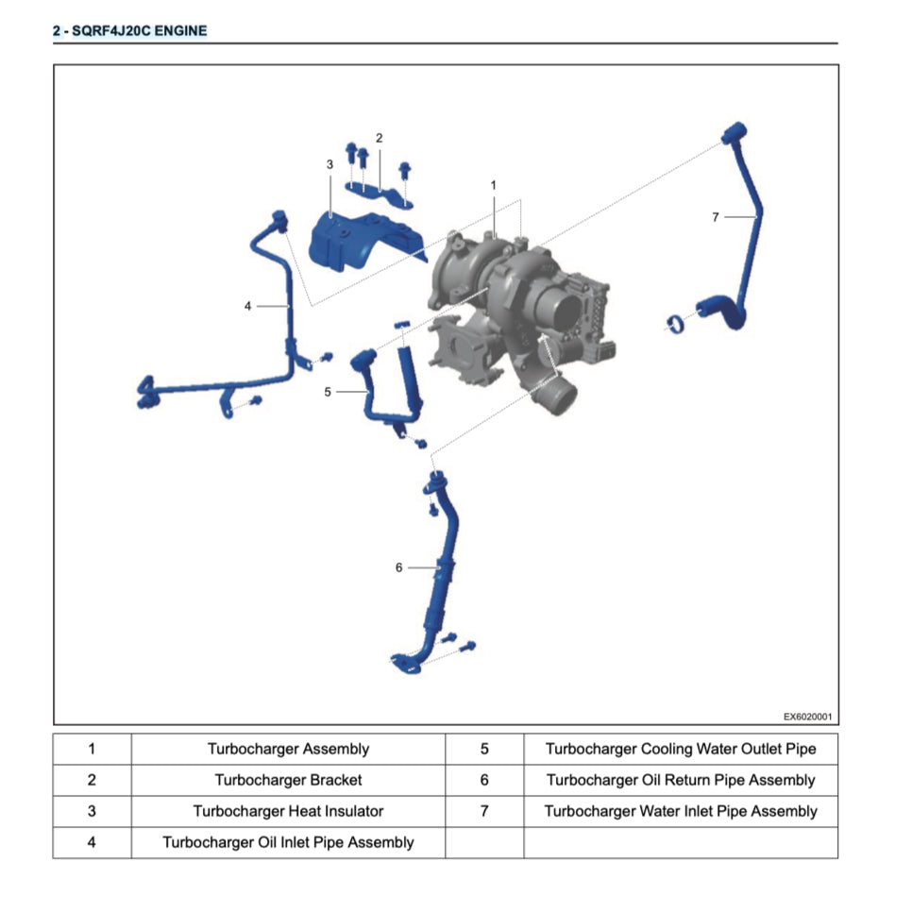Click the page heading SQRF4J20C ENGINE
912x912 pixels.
point(129,30)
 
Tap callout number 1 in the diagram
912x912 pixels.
point(493,185)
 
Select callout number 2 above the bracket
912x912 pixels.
point(379,138)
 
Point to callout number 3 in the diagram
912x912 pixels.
point(329,164)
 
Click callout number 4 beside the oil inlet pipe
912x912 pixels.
point(247,306)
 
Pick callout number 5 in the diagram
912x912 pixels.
point(328,391)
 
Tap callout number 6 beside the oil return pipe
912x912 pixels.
point(399,567)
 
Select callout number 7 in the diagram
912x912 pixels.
point(716,217)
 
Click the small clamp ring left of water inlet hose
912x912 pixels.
point(675,325)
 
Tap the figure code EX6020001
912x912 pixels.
point(808,717)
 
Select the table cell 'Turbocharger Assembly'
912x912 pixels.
point(288,750)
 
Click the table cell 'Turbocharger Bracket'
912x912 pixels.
point(288,781)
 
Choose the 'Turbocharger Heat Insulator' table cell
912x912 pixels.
point(288,812)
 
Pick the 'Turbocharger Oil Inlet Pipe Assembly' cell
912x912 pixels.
point(288,842)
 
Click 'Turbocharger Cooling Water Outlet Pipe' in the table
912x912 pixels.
point(680,750)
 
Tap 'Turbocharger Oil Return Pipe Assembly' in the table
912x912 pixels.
point(680,781)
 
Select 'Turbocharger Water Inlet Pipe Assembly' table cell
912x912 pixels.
point(680,812)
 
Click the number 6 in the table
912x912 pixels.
point(484,781)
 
